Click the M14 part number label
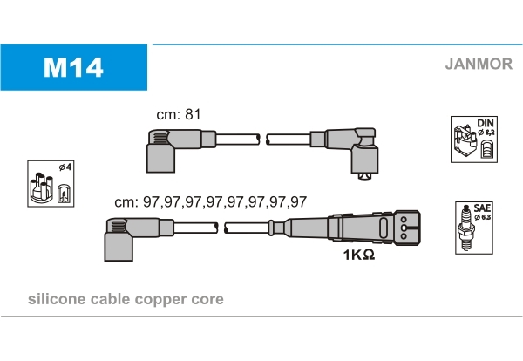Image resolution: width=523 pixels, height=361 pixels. coord(74,67)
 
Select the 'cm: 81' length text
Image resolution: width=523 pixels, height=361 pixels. coord(178,114)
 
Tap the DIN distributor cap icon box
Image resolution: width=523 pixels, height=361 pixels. coord(474,139)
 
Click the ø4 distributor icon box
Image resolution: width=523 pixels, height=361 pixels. coord(50,183)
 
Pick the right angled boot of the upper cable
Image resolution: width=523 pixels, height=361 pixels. coord(357,148)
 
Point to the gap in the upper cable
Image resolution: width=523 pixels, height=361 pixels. coord(262,139)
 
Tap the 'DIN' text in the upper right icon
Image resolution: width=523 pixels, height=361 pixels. coord(486,124)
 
